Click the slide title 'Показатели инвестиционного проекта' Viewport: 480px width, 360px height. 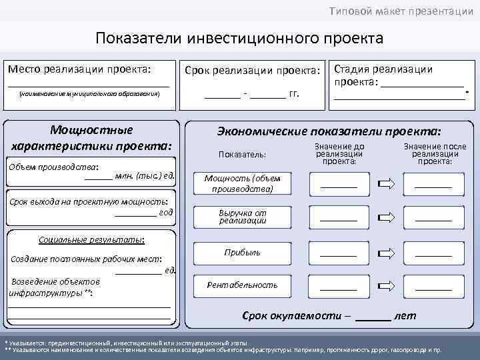[x=239, y=37]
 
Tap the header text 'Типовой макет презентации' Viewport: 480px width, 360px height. [x=402, y=11]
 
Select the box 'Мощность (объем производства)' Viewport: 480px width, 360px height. [x=242, y=183]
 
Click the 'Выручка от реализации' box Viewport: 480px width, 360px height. [x=242, y=217]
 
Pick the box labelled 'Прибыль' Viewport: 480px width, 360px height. [x=242, y=253]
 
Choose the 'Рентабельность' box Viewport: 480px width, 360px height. [x=242, y=285]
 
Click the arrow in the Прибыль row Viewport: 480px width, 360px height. [x=387, y=253]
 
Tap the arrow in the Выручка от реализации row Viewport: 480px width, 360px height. [x=387, y=217]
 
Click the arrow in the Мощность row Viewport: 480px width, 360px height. [x=387, y=184]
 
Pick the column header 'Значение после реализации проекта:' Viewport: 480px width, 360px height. [x=434, y=153]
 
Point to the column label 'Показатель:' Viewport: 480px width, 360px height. [x=242, y=154]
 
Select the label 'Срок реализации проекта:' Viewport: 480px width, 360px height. [x=252, y=70]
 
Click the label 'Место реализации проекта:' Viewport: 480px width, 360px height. [x=79, y=69]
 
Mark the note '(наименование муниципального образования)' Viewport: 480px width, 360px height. [x=89, y=95]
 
